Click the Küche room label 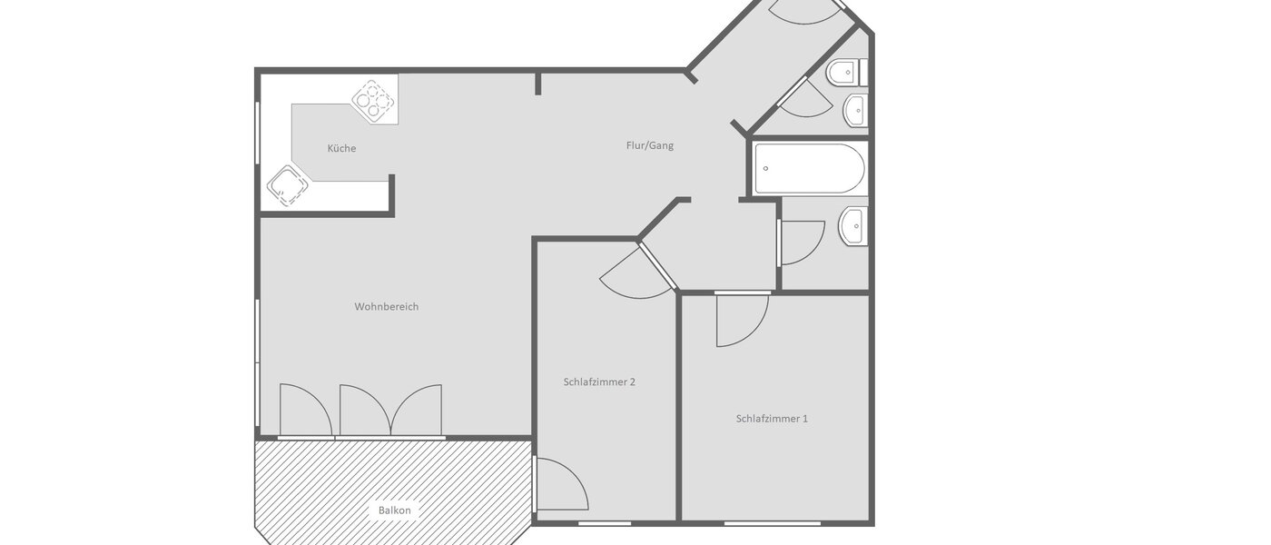pyautogui.click(x=341, y=148)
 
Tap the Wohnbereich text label pyautogui.click(x=386, y=307)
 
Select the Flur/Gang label pyautogui.click(x=649, y=145)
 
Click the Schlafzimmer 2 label pyautogui.click(x=599, y=381)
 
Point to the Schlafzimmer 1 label pyautogui.click(x=772, y=419)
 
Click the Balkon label pyautogui.click(x=394, y=510)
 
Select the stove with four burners pyautogui.click(x=375, y=102)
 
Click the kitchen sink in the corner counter pyautogui.click(x=287, y=186)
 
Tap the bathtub pyautogui.click(x=808, y=168)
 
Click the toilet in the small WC pyautogui.click(x=845, y=72)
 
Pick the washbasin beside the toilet pyautogui.click(x=855, y=111)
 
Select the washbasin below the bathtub pyautogui.click(x=853, y=226)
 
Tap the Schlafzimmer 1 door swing pyautogui.click(x=740, y=320)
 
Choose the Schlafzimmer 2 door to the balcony pyautogui.click(x=560, y=484)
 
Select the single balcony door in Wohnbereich pyautogui.click(x=304, y=411)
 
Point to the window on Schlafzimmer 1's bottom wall pyautogui.click(x=772, y=523)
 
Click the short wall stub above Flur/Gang pyautogui.click(x=538, y=84)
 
